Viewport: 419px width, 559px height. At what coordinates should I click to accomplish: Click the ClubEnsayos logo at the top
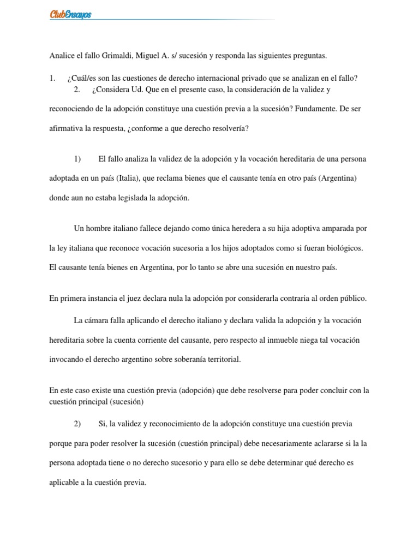pyautogui.click(x=70, y=15)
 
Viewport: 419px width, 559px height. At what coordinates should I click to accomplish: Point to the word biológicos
pyautogui.click(x=342, y=248)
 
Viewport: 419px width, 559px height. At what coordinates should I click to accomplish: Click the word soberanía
pyautogui.click(x=176, y=359)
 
